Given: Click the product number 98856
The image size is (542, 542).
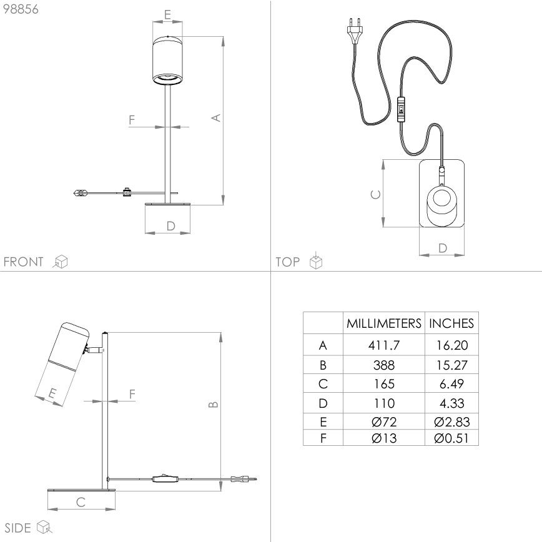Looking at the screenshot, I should click(21, 11).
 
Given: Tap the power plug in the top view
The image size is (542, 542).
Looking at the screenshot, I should click(352, 33).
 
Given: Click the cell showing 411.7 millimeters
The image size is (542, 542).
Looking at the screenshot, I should click(383, 345).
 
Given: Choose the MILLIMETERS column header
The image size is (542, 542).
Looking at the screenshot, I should click(383, 323).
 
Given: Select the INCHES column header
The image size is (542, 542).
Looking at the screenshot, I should click(451, 323).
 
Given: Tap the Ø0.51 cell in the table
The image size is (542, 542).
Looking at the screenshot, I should click(451, 437).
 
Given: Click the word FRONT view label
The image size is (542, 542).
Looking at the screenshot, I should click(24, 262).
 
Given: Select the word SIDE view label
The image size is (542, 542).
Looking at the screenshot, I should click(18, 528).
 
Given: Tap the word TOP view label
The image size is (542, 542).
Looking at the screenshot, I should click(288, 262).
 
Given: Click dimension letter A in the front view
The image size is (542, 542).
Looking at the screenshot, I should click(215, 117).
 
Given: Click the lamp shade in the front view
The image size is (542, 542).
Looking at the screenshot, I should click(167, 60).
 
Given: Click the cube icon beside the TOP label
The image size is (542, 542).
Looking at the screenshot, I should click(317, 261).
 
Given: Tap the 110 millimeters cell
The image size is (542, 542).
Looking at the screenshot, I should click(383, 403).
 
